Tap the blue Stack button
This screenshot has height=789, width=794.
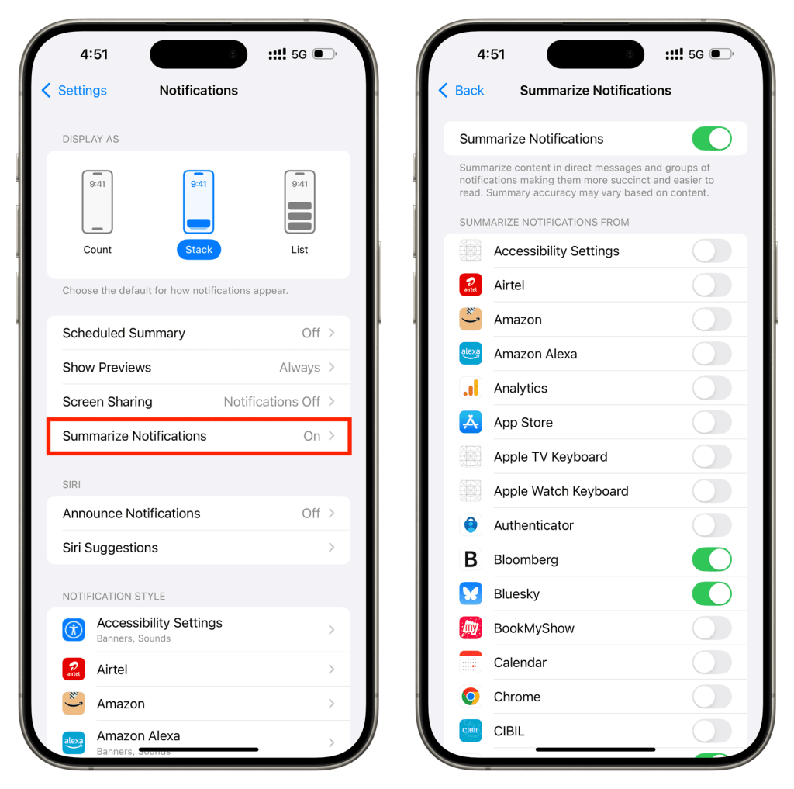[x=198, y=249]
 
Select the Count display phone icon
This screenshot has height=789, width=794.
[x=97, y=202]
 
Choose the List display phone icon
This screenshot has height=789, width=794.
[x=299, y=202]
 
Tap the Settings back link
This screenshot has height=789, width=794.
[x=74, y=90]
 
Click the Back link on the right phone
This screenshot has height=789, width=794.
[x=461, y=90]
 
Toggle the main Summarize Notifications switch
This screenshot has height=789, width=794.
[x=712, y=138]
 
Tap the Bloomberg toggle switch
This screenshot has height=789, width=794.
[x=712, y=559]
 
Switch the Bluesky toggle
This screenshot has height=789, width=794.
[x=712, y=594]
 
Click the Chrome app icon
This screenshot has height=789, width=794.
[x=471, y=697]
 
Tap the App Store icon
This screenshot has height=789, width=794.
[x=471, y=422]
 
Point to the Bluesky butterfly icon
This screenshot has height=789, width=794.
[x=471, y=594]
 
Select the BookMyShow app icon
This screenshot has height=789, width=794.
[x=471, y=628]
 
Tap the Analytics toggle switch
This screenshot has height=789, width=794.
[x=712, y=388]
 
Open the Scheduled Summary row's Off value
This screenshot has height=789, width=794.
[x=311, y=333]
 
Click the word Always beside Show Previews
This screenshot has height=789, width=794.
[x=300, y=368]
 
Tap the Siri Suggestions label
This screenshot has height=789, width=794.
[x=110, y=548]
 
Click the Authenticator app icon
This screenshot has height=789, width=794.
[x=471, y=525]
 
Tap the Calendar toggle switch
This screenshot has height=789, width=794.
[x=712, y=663]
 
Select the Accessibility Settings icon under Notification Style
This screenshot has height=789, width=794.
[x=74, y=630]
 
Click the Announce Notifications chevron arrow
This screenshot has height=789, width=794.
[x=332, y=514]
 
